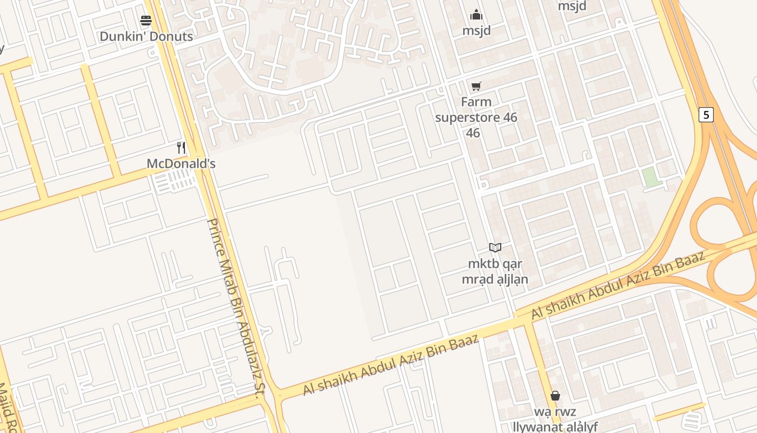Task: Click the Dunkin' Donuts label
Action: (146, 36)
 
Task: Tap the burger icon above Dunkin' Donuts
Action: (146, 21)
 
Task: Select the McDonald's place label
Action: (181, 163)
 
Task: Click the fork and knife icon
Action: (181, 147)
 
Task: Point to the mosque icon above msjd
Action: (476, 15)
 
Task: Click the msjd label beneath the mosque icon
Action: (476, 31)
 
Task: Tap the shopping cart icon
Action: (476, 86)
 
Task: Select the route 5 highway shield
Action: (706, 115)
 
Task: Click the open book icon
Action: (495, 247)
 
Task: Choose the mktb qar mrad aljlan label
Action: (494, 272)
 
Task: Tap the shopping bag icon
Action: (555, 396)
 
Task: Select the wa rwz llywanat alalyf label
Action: (555, 419)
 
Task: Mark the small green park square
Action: (652, 178)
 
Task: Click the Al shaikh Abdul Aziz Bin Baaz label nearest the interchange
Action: (619, 285)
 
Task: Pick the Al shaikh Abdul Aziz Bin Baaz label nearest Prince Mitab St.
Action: (390, 365)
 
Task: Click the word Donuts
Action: (171, 36)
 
